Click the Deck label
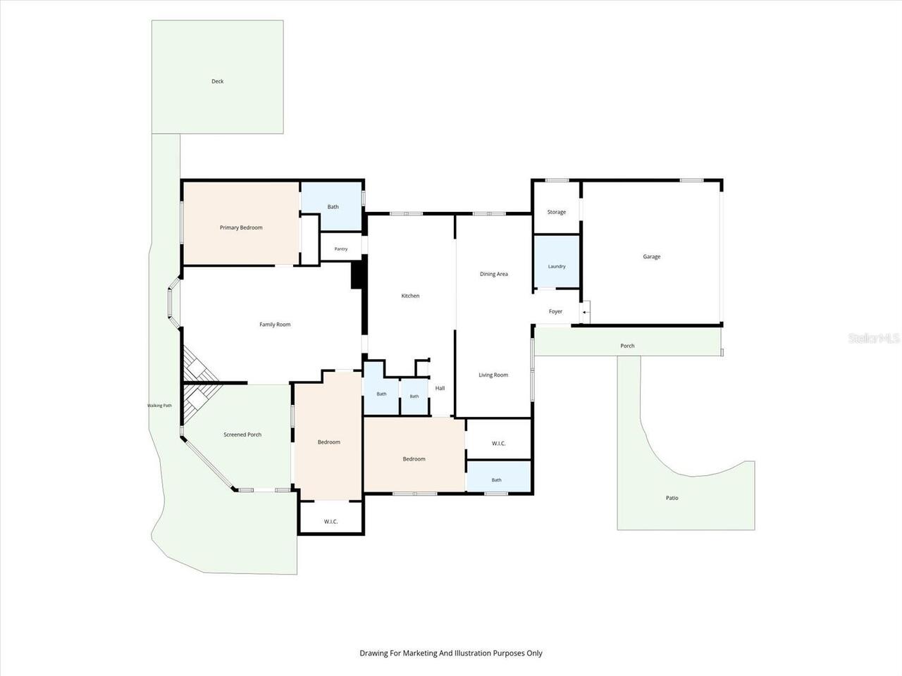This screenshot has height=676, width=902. pyautogui.click(x=217, y=81)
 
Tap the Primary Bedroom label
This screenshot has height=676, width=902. pyautogui.click(x=241, y=227)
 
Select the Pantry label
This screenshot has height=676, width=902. pyautogui.click(x=341, y=249)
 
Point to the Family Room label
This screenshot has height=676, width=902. pyautogui.click(x=275, y=324)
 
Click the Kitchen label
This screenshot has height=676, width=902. pyautogui.click(x=410, y=296)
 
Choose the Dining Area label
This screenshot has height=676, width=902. pyautogui.click(x=494, y=274)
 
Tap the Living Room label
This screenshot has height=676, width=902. pyautogui.click(x=493, y=375)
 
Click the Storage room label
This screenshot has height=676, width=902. pyautogui.click(x=557, y=212)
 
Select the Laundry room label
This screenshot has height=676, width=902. pyautogui.click(x=557, y=266)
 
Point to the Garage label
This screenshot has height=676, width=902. pyautogui.click(x=652, y=256)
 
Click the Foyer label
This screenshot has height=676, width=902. pyautogui.click(x=555, y=311)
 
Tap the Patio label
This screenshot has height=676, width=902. pyautogui.click(x=672, y=498)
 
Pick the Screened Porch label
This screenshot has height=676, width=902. pyautogui.click(x=242, y=434)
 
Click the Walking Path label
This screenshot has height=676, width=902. pyautogui.click(x=159, y=406)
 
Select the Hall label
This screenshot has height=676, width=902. pyautogui.click(x=440, y=388)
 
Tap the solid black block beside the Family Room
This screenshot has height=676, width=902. pyautogui.click(x=357, y=275)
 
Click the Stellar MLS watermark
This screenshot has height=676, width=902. pyautogui.click(x=873, y=338)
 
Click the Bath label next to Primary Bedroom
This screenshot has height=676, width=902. pyautogui.click(x=333, y=206)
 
